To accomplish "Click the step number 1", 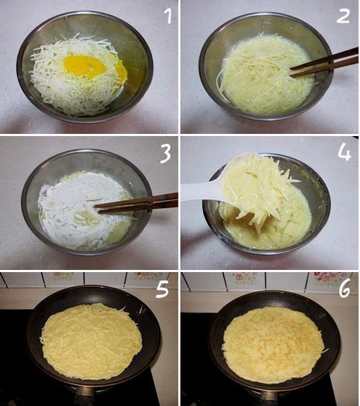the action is pyautogui.click(x=168, y=16).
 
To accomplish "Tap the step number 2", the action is pyautogui.click(x=343, y=16).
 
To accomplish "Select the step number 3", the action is pyautogui.click(x=166, y=154).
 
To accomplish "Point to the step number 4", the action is pyautogui.click(x=344, y=153).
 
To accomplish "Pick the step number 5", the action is pyautogui.click(x=163, y=289).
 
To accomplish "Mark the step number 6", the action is pyautogui.click(x=345, y=288).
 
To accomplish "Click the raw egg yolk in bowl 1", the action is pyautogui.click(x=85, y=66).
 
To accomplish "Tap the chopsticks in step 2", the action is pyautogui.click(x=325, y=63).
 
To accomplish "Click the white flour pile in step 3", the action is pyautogui.click(x=78, y=204).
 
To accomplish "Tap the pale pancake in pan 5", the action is pyautogui.click(x=91, y=341).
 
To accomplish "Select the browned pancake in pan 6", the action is pyautogui.click(x=274, y=346).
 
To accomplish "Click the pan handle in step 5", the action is pyautogui.click(x=86, y=396).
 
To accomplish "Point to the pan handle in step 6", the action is pyautogui.click(x=269, y=398).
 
